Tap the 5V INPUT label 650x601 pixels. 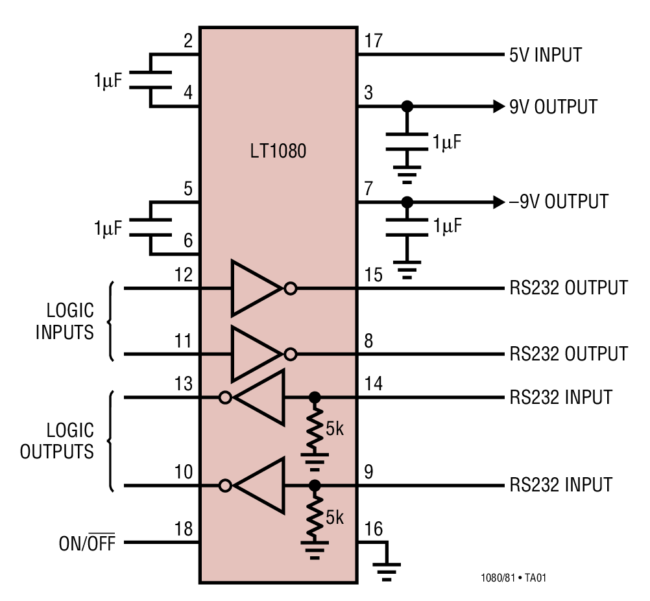click(546, 54)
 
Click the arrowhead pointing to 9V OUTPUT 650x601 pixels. click(497, 106)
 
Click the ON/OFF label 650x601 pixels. click(87, 543)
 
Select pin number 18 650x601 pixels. click(184, 529)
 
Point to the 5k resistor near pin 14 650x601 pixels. click(315, 428)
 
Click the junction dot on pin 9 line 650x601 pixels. click(315, 485)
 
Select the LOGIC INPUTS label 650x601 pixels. click(65, 321)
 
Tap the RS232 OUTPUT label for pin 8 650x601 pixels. click(568, 354)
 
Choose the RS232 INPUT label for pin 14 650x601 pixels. click(560, 397)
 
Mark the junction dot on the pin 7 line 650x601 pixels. click(407, 202)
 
